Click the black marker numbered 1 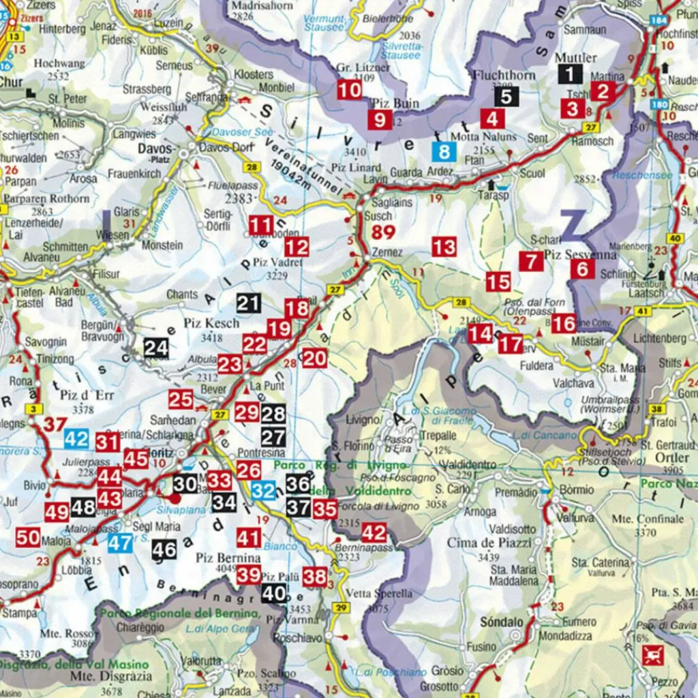coord(570,74)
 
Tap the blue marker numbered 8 coord(445,152)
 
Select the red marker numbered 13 coord(444,247)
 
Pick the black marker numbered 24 coord(156,348)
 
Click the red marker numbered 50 coord(28,538)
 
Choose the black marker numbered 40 coord(274,594)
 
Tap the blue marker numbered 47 coord(120,543)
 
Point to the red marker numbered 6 coord(581,269)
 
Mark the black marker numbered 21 coord(249,303)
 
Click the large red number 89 coord(383,232)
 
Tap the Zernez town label coord(386,252)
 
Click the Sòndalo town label coord(501,622)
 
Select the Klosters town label coord(254,74)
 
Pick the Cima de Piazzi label coord(480,543)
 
